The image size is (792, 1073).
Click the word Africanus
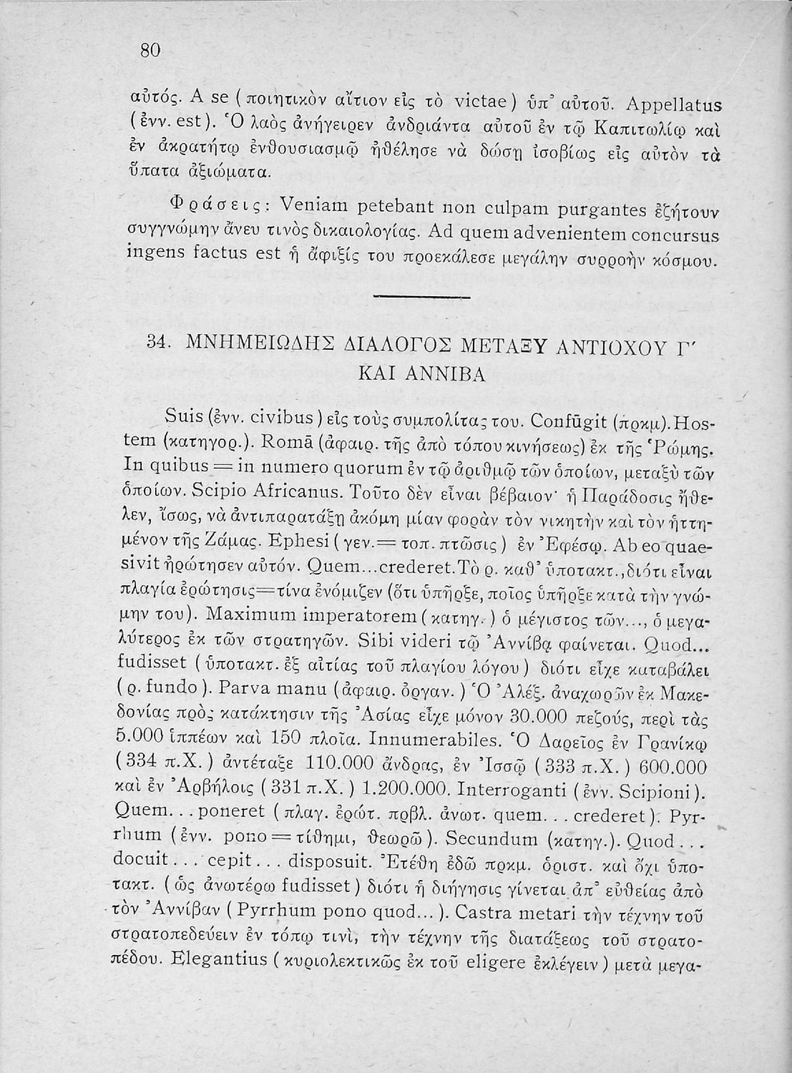292,494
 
